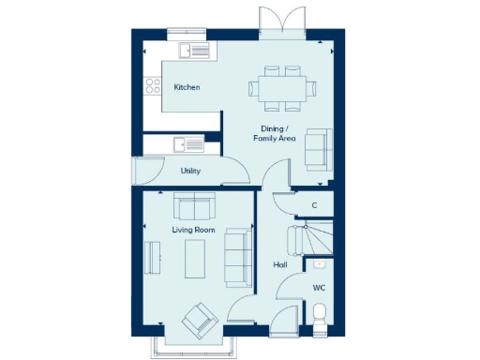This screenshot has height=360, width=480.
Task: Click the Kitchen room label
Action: tap(187, 87)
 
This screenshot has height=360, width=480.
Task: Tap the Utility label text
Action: tap(190, 171)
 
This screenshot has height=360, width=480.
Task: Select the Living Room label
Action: tap(193, 229)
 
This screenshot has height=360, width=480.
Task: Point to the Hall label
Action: tap(279, 265)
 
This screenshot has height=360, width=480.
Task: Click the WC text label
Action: tap(319, 288)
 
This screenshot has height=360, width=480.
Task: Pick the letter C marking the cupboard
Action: tap(314, 204)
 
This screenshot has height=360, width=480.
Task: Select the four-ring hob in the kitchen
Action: tap(151, 88)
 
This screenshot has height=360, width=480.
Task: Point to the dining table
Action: tap(282, 88)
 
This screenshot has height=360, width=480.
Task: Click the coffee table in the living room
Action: tap(196, 259)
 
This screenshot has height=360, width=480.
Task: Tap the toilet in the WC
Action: tap(319, 315)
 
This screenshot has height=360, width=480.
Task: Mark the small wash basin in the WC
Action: tap(320, 265)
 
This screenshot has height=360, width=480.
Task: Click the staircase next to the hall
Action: tap(317, 239)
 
